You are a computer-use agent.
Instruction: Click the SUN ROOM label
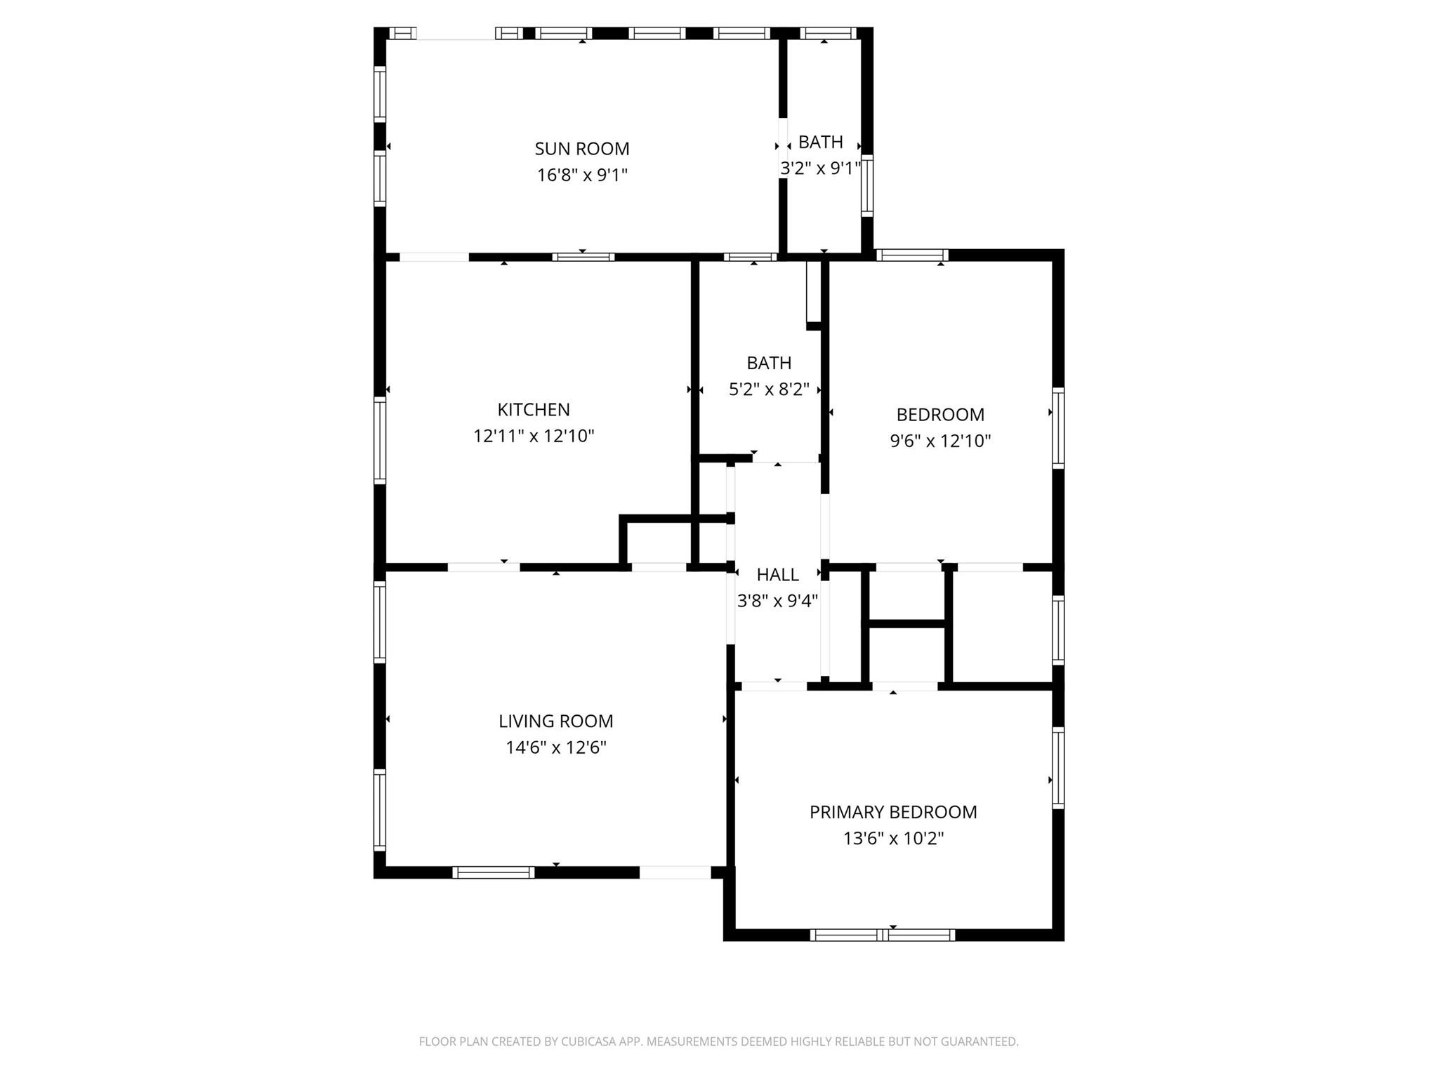pos(581,149)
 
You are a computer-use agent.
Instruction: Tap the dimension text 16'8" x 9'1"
pos(581,175)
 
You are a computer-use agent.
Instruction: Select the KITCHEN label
pos(533,410)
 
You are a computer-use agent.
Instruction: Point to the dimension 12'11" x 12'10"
pos(533,437)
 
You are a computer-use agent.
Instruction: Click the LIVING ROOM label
pos(555,721)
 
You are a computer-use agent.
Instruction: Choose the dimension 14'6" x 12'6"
pos(555,748)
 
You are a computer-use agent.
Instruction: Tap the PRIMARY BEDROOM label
pos(892,812)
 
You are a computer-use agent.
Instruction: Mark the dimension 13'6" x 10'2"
pos(892,839)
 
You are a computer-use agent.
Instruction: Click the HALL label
pos(777,575)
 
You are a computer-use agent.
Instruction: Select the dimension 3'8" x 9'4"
pos(777,601)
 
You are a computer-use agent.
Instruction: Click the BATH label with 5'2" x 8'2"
pos(769,363)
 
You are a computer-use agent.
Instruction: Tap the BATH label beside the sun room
pos(820,142)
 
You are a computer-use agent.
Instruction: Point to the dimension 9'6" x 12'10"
pos(939,441)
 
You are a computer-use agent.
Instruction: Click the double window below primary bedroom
pos(882,935)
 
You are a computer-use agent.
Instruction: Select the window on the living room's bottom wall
pos(493,872)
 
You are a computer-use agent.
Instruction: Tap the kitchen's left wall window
pos(380,440)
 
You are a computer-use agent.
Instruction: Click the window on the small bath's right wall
pos(867,185)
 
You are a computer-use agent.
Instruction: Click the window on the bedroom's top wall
pos(911,255)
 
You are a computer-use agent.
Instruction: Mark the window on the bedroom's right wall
pos(1057,427)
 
